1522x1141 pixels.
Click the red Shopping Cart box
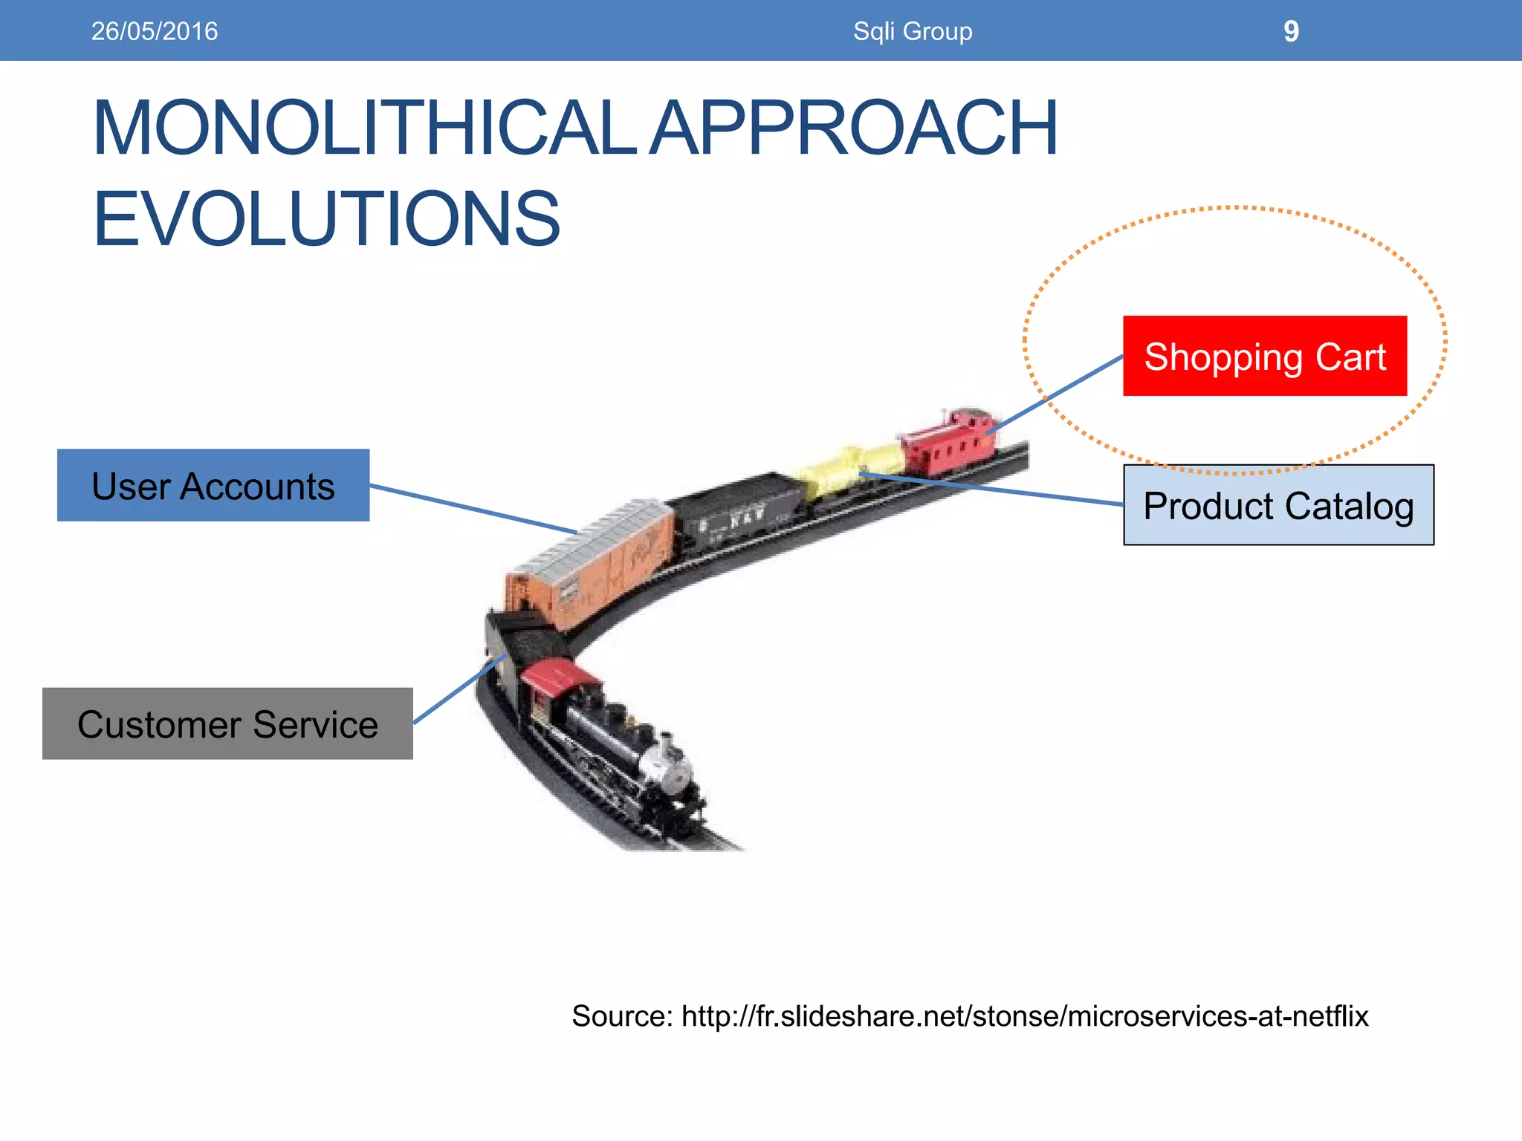[x=1264, y=356]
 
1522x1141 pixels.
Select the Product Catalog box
[x=1278, y=505]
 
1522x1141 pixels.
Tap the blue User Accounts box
[x=213, y=485]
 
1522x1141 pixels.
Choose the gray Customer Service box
[x=227, y=724]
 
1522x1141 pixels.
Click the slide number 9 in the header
[x=1291, y=31]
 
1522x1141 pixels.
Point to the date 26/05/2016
[x=155, y=31]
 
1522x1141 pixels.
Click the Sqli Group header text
[x=913, y=31]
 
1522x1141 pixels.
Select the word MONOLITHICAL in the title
[x=364, y=128]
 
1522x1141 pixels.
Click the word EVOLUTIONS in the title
[x=327, y=218]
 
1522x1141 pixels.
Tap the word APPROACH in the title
[x=855, y=128]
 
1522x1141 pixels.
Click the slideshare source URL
[x=1025, y=1016]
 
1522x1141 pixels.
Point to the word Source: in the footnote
[x=622, y=1016]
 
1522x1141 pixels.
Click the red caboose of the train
[x=948, y=442]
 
